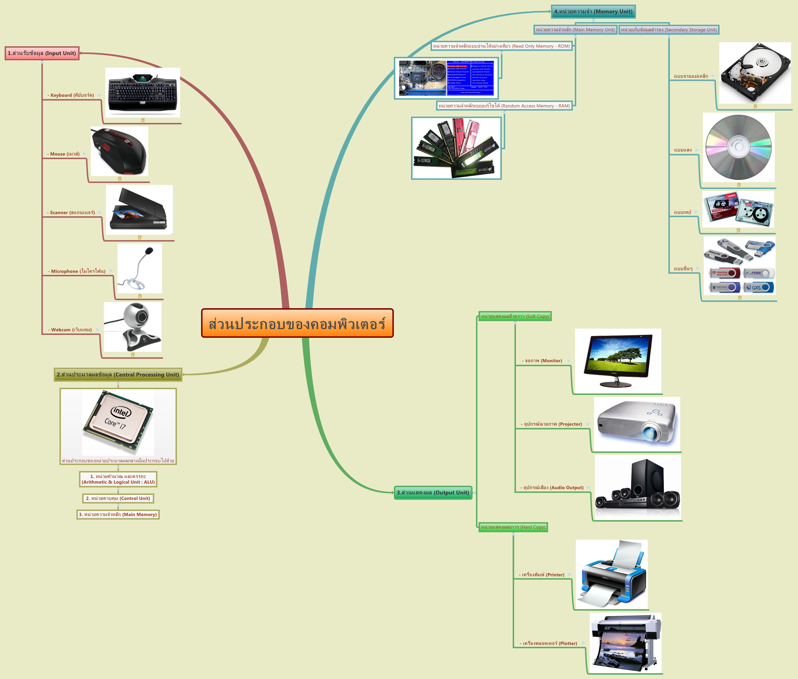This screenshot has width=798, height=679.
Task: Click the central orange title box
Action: coord(297,323)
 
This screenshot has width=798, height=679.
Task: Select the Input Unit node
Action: coord(42,53)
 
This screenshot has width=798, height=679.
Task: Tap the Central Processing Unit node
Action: coord(118,375)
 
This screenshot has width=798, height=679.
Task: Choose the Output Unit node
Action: coord(433,493)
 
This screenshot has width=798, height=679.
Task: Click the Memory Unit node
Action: coord(593,11)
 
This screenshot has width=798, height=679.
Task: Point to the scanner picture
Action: coord(139,210)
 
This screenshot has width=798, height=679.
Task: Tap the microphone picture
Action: coord(139,268)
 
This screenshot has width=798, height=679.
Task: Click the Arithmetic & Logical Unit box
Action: coord(118,479)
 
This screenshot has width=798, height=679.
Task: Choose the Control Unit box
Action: coord(118,498)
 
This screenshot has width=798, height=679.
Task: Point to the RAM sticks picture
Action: coord(456,148)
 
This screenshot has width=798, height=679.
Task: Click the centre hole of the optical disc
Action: coord(738,147)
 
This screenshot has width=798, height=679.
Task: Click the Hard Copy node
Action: coord(513,527)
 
